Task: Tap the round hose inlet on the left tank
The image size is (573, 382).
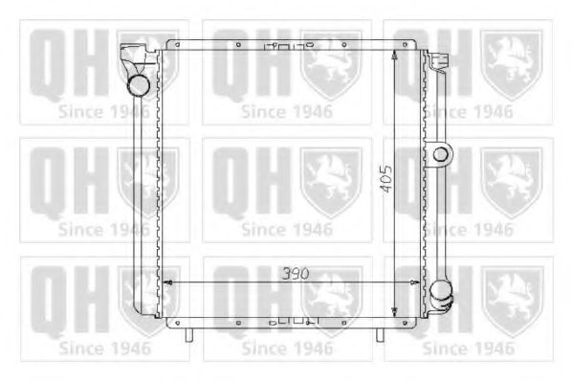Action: pos(140,85)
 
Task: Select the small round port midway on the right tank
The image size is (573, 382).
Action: pos(441,153)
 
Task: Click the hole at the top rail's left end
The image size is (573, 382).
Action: pos(172,44)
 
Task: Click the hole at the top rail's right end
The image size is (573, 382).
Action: pos(416,44)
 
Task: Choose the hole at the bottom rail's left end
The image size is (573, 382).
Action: pos(172,323)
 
